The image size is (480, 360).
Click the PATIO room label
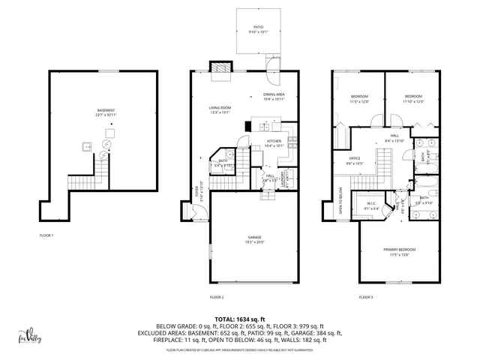(x=258, y=27)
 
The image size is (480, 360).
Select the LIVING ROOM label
(x=220, y=109)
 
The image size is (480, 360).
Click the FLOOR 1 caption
(x=47, y=235)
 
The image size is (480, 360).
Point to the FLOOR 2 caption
(x=217, y=297)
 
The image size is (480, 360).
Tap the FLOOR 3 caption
(x=366, y=297)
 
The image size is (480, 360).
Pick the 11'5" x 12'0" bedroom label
(x=359, y=98)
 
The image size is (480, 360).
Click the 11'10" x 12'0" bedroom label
(x=414, y=98)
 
